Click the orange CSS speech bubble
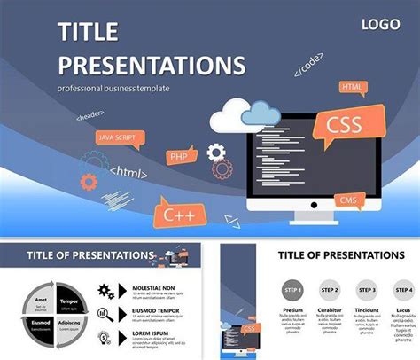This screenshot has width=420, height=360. [345, 123]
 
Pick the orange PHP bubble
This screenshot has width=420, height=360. [180, 157]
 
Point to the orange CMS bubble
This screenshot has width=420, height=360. [349, 199]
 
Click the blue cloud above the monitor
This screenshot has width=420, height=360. [260, 112]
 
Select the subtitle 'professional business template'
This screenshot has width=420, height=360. [113, 89]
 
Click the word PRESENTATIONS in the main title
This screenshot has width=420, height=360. [151, 64]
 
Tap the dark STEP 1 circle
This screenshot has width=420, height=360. [292, 289]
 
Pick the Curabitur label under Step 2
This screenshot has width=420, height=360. [331, 310]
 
